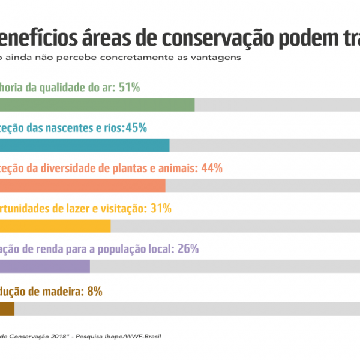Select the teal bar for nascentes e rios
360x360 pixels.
point(85,145)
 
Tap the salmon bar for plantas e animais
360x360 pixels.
point(82,185)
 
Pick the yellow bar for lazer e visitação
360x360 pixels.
point(55,226)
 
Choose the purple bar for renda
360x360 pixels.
point(45,266)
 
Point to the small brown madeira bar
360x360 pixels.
point(7,308)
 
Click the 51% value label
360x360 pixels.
point(130,88)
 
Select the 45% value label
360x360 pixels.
point(136,128)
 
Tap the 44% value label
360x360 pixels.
point(212,168)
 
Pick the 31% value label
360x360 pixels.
point(161,209)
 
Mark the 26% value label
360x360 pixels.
point(188,249)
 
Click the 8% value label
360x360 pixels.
point(95,292)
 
